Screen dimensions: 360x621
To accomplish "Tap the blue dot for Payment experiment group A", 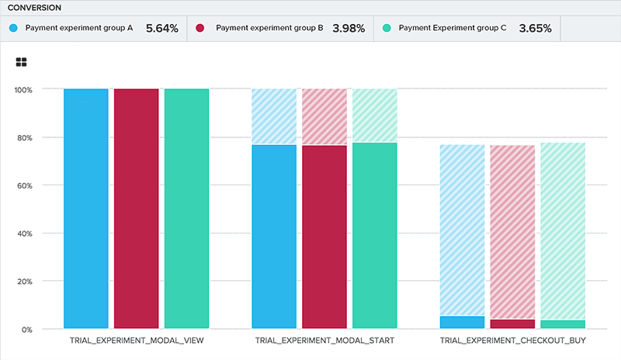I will [x=13, y=28].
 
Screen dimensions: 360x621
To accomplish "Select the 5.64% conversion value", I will [x=162, y=28].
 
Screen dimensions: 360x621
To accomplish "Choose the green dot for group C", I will [x=387, y=28].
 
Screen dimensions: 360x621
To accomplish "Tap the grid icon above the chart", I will [x=22, y=62].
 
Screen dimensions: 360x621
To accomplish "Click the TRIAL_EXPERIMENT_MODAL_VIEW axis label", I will [x=136, y=341].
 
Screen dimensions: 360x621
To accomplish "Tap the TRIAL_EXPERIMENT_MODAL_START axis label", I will [x=324, y=341].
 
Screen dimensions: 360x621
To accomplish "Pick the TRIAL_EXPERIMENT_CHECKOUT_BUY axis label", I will [x=512, y=341].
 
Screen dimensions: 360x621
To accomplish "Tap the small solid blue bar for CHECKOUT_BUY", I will [x=462, y=322].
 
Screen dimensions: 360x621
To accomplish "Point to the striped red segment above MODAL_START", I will [x=324, y=116].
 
